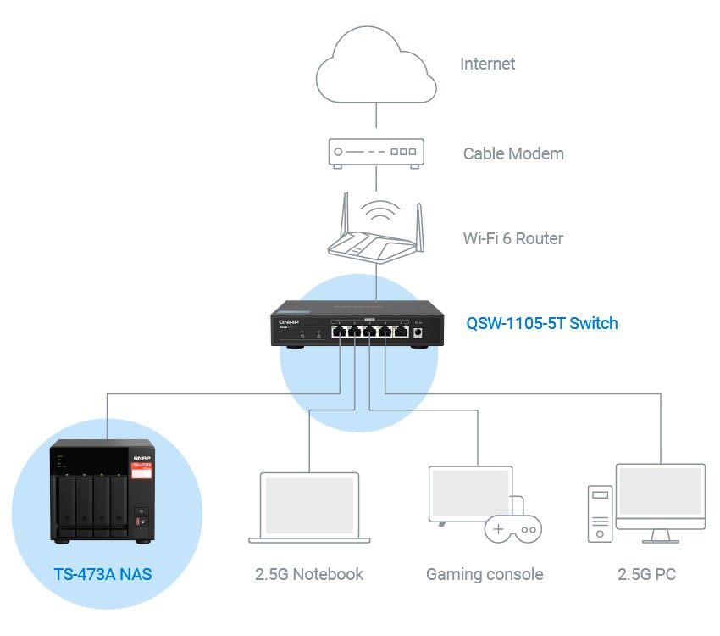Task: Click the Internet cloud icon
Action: coord(376,64)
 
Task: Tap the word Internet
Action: coord(487,64)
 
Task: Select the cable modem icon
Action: coord(376,153)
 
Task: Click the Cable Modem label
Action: coord(513,153)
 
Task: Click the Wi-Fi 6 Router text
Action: coord(513,238)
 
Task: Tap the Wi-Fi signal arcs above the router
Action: coord(379,210)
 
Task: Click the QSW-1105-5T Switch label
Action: coord(542,323)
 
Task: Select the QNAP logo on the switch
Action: coord(289,322)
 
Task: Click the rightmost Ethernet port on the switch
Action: coord(402,331)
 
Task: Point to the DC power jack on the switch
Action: coord(418,332)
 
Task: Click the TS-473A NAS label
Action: coord(102,574)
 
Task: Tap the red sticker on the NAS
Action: coord(141,471)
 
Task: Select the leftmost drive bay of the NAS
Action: coord(67,505)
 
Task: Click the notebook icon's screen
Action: coord(309,505)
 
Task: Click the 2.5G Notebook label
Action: coord(309,574)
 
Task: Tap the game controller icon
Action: coord(513,529)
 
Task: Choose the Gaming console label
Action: coord(485,574)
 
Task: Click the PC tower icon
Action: coord(601,514)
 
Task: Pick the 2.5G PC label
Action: coord(646,574)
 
